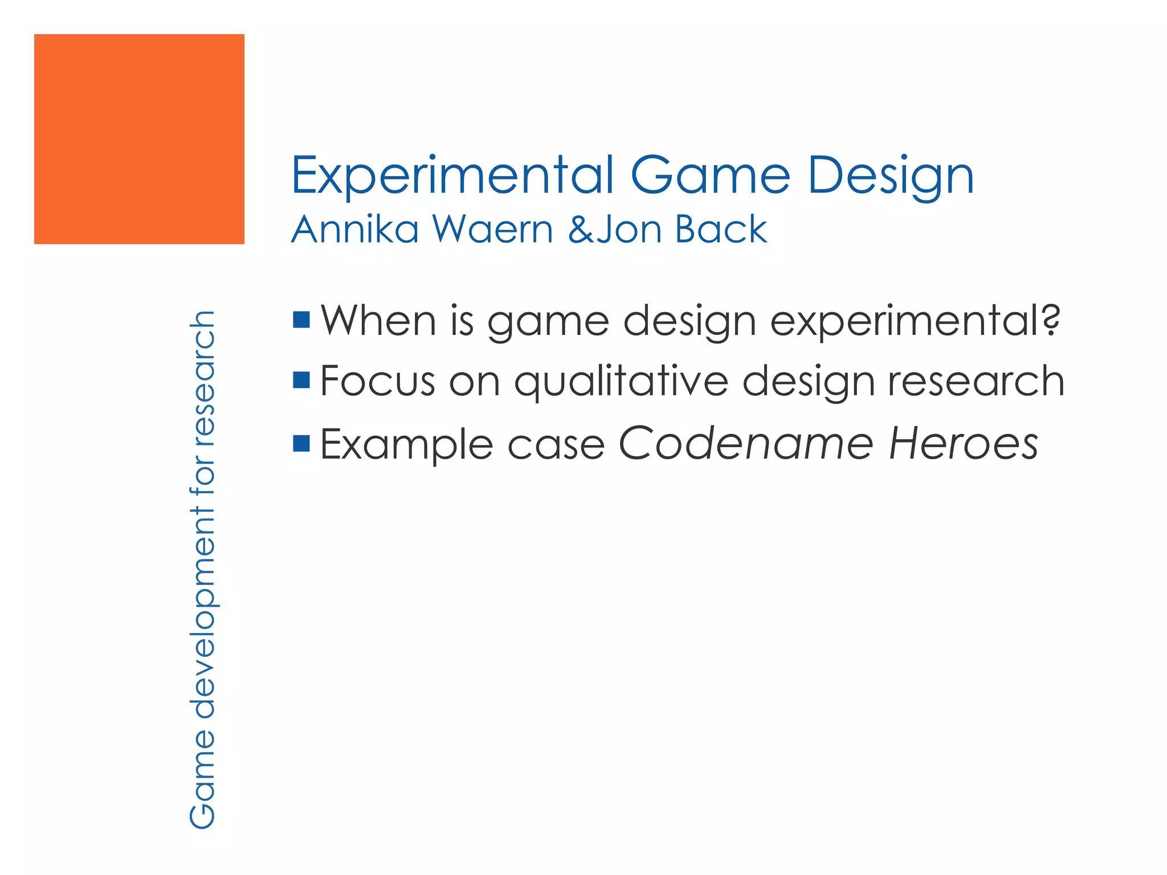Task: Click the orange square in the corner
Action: point(139,139)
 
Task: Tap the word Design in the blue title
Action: point(890,177)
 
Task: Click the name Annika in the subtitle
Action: point(355,229)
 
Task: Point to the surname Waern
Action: point(493,229)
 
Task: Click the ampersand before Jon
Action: point(581,229)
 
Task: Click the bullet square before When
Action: point(301,320)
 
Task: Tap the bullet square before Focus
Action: point(301,379)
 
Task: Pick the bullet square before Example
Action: point(301,443)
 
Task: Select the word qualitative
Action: point(621,382)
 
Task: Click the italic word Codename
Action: point(745,443)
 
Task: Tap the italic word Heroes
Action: point(963,443)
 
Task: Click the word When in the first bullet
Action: point(378,320)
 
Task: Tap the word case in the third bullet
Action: point(556,444)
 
